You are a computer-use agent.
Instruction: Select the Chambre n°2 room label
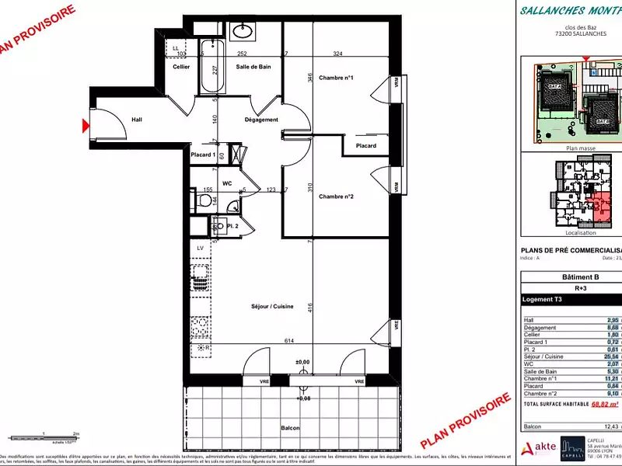point(336,196)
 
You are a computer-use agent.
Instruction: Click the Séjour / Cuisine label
point(272,307)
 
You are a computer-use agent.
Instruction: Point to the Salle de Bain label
point(253,67)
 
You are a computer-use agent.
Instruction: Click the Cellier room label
point(181,67)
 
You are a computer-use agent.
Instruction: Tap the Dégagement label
point(261,120)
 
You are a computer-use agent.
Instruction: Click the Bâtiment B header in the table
point(580,277)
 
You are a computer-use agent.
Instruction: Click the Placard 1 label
point(203,155)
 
